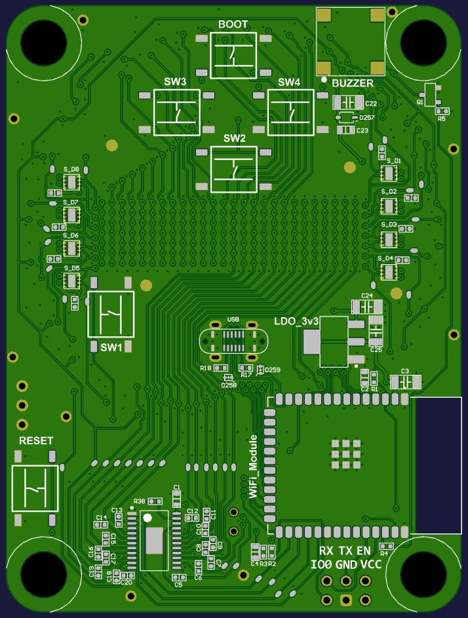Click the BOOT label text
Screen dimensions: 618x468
coord(233,24)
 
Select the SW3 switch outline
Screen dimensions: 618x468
coord(176,113)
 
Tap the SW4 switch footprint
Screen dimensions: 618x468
coord(290,113)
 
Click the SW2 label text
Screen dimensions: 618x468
coord(234,138)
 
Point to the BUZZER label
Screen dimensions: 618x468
coord(353,83)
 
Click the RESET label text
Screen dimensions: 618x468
coord(36,440)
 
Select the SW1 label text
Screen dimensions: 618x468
coord(111,347)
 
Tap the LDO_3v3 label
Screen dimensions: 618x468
coord(296,321)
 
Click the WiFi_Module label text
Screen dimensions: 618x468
coord(254,466)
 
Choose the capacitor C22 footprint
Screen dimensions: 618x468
coord(347,103)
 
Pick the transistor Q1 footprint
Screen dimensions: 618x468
coord(430,94)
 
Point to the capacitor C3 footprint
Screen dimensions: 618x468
coord(405,382)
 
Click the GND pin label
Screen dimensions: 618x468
coord(346,565)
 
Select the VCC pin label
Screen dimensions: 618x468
coord(371,564)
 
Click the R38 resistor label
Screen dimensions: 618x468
coord(139,501)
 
